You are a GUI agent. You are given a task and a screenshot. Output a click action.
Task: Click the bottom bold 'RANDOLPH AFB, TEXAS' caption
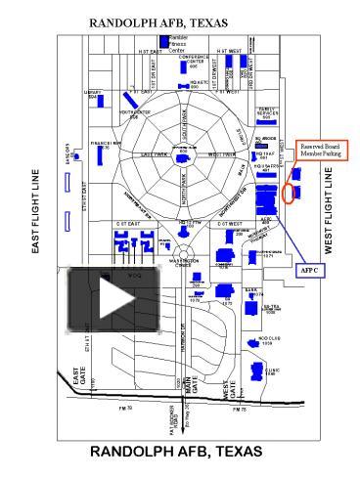tap(176, 452)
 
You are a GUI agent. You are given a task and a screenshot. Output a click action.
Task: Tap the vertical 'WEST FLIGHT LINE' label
tap(328, 211)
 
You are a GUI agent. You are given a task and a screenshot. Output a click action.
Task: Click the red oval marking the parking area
tap(289, 191)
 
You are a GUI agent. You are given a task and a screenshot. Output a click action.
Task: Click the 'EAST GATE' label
tap(77, 377)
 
